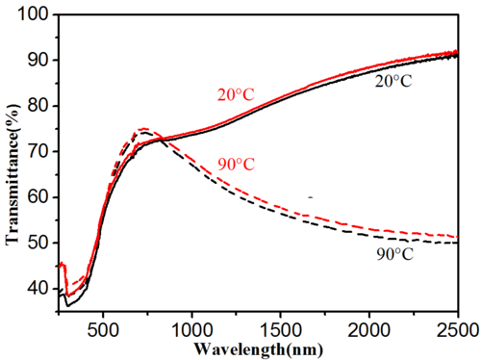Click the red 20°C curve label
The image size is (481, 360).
236,94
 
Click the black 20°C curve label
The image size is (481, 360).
393,81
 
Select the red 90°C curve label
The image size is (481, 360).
237,165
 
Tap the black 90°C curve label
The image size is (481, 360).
395,254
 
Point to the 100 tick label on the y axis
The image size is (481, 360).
34,14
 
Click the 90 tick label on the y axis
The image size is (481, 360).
38,60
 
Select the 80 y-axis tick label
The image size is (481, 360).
38,106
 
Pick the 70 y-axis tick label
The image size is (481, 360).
38,151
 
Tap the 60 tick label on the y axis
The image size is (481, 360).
38,196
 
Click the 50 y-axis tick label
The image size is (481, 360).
38,243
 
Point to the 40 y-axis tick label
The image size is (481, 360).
38,288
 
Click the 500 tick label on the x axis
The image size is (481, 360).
103,330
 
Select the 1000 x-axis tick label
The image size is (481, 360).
192,330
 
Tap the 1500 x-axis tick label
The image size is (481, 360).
281,330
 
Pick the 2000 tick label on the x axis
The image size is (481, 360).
369,330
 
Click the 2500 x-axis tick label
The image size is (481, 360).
458,330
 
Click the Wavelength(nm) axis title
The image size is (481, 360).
258,349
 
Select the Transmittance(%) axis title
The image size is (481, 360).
13,174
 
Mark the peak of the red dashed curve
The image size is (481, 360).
142,129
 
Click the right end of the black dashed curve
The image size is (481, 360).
458,243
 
